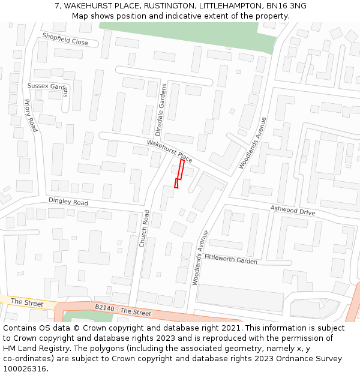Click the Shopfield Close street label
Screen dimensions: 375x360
click(x=65, y=39)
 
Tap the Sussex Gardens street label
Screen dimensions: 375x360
click(x=48, y=88)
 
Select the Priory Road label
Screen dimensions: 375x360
click(x=31, y=116)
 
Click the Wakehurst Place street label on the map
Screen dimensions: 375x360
click(x=170, y=151)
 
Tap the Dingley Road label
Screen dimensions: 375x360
click(x=68, y=202)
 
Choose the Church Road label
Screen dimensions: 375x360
click(x=144, y=229)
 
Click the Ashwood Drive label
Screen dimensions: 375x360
click(x=292, y=211)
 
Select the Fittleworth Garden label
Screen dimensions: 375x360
click(x=231, y=259)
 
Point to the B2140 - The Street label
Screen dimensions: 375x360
click(x=123, y=310)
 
